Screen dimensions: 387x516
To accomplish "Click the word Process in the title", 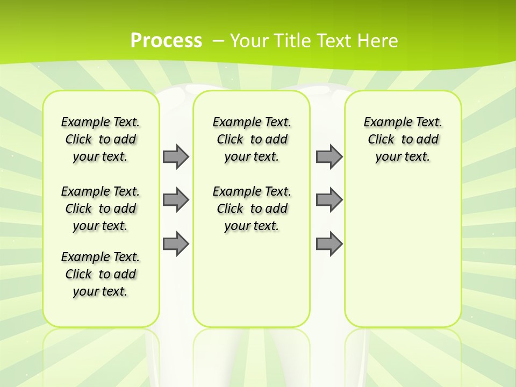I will coord(166,40).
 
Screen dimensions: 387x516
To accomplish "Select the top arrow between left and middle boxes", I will coord(176,156).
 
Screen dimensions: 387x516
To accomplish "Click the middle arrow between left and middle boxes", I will coord(176,200).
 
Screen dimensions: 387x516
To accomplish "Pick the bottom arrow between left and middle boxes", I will coord(176,243).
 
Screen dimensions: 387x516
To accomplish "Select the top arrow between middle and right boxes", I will coord(329,156).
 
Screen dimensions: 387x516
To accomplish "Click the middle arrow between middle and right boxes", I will coord(329,200).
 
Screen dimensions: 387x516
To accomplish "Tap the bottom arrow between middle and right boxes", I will coord(329,243).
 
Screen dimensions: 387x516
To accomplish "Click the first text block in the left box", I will coord(101,139).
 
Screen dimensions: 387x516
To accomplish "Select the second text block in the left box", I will coord(101,209).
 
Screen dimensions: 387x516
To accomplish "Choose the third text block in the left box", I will coord(101,274).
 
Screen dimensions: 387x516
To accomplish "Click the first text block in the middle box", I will coord(252,139).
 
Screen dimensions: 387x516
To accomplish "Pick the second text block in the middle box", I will coord(252,209).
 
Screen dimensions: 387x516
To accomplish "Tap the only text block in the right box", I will coord(403,139).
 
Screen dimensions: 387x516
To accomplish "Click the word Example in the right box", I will coord(384,123).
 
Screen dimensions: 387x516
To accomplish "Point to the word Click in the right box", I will coord(381,140).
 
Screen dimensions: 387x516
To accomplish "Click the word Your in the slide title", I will coord(250,40).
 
